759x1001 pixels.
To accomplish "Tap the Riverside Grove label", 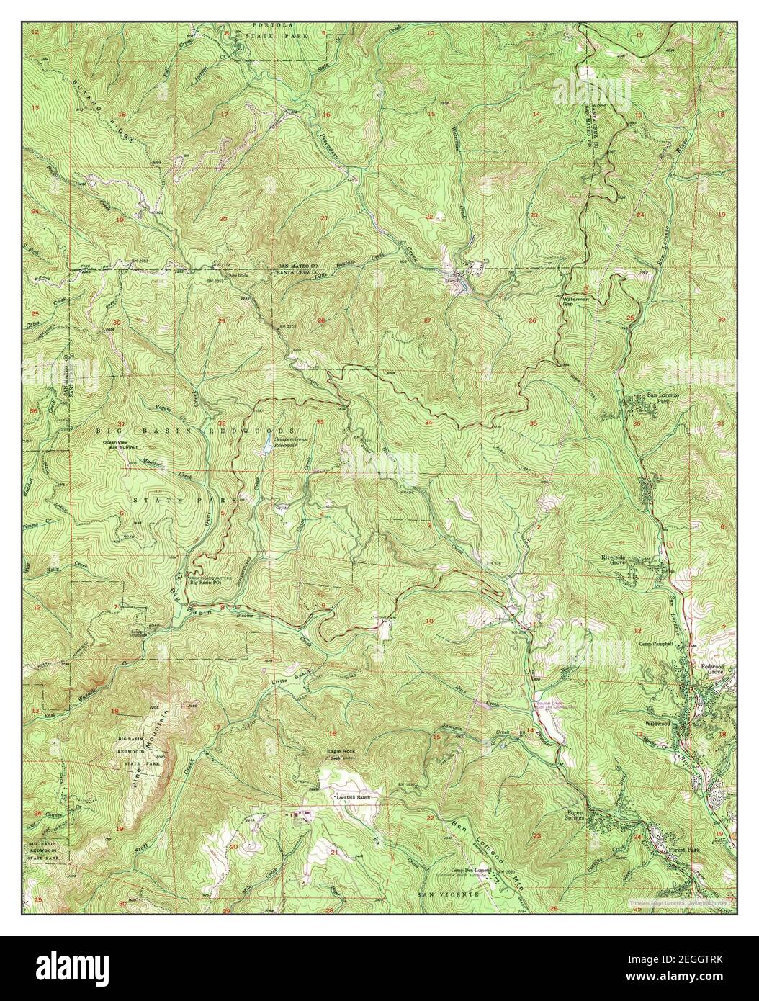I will click(x=617, y=560).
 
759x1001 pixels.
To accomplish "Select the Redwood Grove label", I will click(x=717, y=669).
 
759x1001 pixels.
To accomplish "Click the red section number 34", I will click(x=429, y=422).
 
